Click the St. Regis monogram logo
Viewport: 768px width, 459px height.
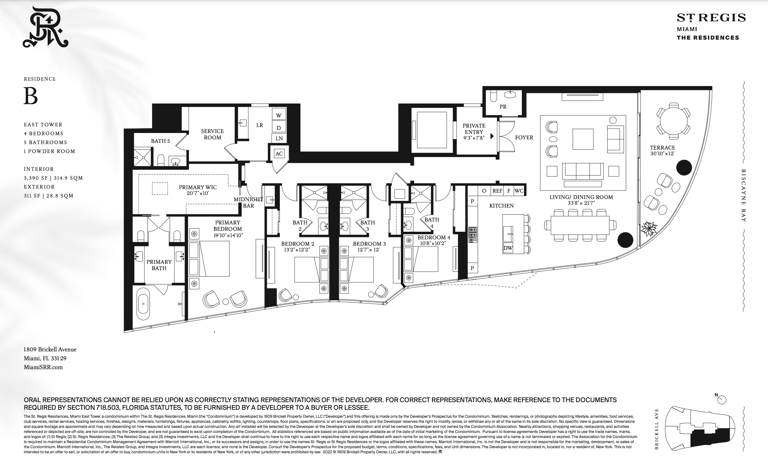45,27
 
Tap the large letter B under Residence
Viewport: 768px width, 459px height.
31,96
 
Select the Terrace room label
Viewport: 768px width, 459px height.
662,148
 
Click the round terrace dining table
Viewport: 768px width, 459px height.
673,121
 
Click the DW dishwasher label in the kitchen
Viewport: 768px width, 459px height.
508,248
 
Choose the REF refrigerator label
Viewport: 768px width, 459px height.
497,191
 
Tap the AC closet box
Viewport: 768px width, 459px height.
279,154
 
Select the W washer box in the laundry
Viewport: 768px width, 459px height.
279,115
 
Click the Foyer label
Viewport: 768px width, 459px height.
524,137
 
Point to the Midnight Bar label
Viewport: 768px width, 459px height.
248,203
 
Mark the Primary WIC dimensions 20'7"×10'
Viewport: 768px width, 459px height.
198,193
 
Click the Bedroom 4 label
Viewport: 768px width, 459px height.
434,237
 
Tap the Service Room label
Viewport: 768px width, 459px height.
212,134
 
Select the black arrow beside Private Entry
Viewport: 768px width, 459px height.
492,136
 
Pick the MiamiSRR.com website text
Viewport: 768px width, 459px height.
43,367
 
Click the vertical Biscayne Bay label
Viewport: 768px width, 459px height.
744,195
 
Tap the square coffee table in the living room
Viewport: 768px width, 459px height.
583,139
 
